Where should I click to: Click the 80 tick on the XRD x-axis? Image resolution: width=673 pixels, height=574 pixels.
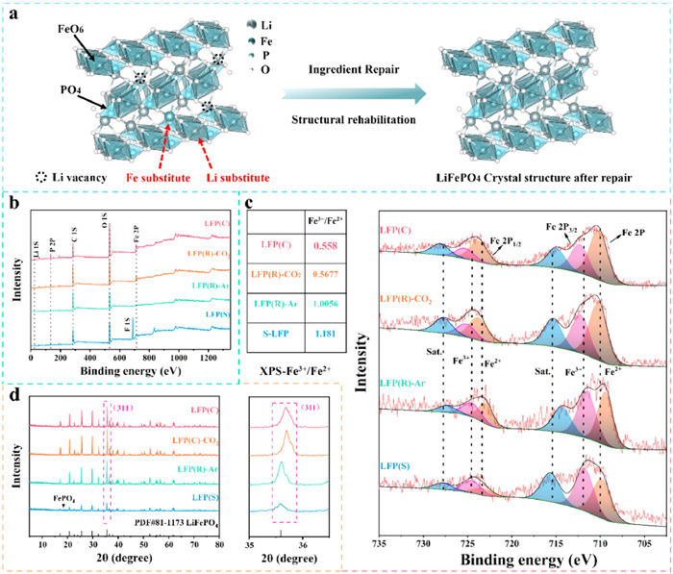[x=219, y=544]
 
